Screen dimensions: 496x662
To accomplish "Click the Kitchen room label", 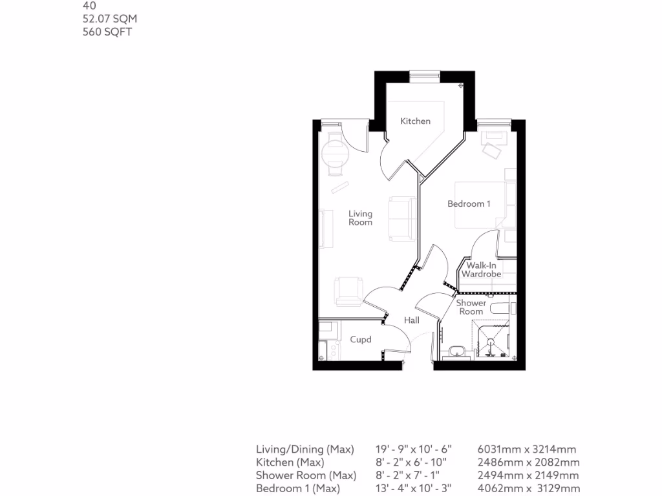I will point(415,121).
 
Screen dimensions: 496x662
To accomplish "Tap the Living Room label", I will point(360,218).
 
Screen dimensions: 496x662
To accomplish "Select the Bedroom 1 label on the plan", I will point(469,203).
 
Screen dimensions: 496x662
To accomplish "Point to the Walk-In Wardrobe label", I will point(481,269).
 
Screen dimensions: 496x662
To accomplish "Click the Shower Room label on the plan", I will point(471,307).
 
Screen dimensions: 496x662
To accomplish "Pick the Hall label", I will point(411,320).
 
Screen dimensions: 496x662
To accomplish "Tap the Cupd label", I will point(360,339).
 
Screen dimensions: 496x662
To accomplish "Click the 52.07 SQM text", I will point(110,19).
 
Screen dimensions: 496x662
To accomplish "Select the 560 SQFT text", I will point(107,32).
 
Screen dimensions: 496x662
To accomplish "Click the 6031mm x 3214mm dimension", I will point(526,449).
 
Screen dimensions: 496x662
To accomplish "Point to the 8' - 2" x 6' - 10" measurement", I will point(414,462).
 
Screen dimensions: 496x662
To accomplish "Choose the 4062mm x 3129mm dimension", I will point(528,488).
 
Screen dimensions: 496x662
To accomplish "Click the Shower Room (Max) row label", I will point(306,475).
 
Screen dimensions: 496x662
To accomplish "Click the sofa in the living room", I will point(403,218).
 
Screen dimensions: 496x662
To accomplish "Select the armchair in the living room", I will point(348,290).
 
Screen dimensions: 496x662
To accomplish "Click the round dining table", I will point(335,154).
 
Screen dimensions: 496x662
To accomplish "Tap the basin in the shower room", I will point(458,351).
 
